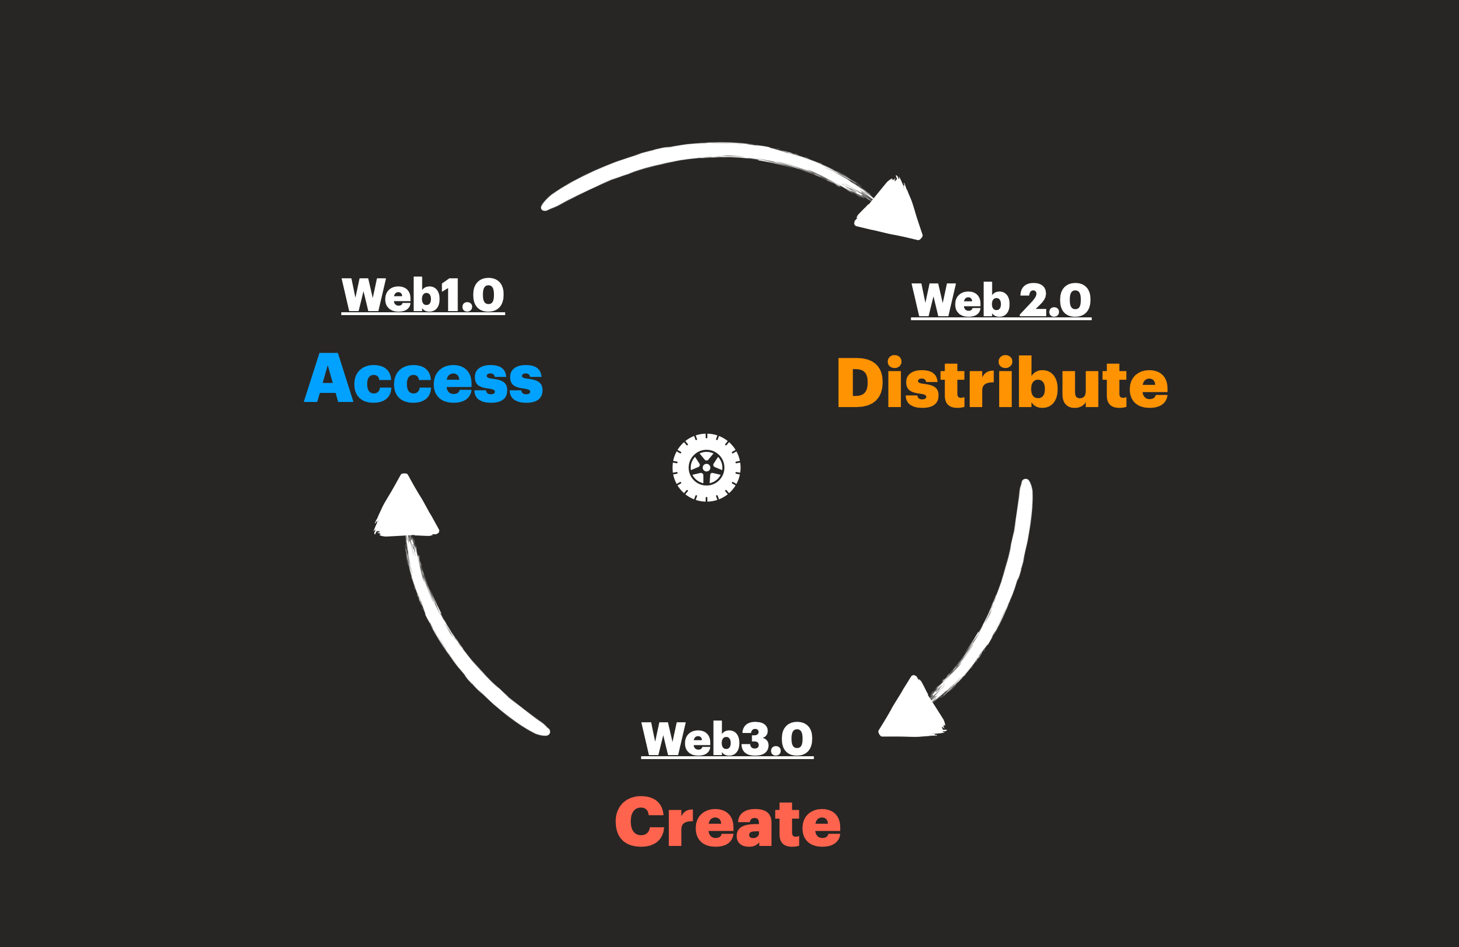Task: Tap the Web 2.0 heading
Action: click(1001, 300)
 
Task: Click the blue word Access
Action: click(424, 378)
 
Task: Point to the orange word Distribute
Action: click(1003, 383)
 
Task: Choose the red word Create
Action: click(728, 822)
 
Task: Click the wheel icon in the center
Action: click(706, 468)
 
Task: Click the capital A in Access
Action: click(329, 378)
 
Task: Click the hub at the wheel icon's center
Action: click(706, 468)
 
